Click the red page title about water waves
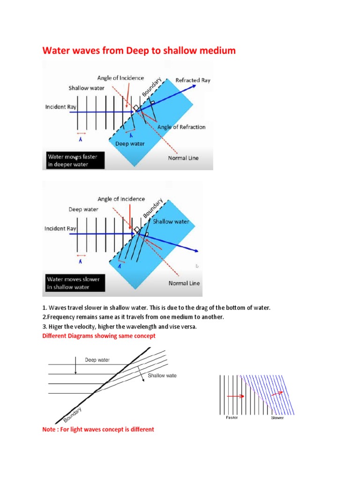click(139, 50)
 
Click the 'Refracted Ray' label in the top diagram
click(193, 80)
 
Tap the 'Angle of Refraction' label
click(181, 127)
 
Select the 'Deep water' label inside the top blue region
click(130, 144)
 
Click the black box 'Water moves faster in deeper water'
click(75, 161)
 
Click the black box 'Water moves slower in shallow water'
click(73, 283)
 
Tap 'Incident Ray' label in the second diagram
click(60, 229)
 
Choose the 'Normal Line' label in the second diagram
click(184, 283)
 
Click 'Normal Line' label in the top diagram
click(183, 158)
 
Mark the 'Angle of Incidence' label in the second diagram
click(121, 199)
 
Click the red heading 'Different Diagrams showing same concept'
click(98, 336)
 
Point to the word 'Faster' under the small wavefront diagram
click(232, 417)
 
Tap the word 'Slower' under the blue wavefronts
click(277, 418)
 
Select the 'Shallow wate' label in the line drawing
click(162, 375)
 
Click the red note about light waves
click(98, 429)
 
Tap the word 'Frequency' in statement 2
click(61, 317)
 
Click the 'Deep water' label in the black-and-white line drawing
click(97, 360)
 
